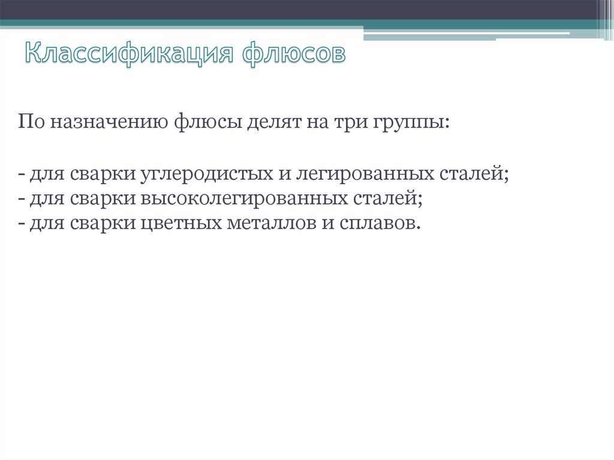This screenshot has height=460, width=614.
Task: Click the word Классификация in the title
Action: [129, 53]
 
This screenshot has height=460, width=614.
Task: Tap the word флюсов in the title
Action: [294, 53]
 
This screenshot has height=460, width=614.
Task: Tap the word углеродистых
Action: [206, 174]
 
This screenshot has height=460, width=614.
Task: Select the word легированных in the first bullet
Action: [365, 174]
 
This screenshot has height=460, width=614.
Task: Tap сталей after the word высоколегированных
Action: [386, 199]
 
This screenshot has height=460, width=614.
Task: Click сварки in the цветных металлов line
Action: [103, 224]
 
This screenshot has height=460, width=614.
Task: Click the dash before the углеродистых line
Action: [22, 175]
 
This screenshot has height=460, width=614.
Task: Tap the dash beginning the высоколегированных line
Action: [22, 200]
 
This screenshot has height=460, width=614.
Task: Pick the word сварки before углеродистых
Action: [103, 174]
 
